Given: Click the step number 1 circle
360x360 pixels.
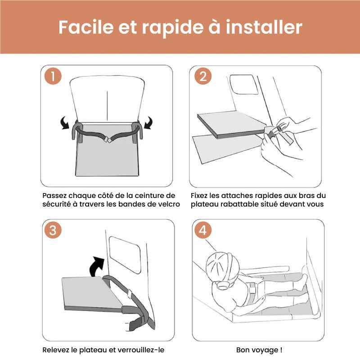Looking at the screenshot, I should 53,76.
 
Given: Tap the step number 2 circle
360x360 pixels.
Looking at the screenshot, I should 202,76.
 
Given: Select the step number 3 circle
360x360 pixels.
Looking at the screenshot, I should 53,231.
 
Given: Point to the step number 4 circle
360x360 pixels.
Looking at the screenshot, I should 202,231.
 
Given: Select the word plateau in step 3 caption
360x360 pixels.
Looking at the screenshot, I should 96,350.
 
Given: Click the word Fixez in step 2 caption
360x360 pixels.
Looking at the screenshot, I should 200,196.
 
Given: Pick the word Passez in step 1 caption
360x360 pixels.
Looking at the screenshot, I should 55,196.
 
